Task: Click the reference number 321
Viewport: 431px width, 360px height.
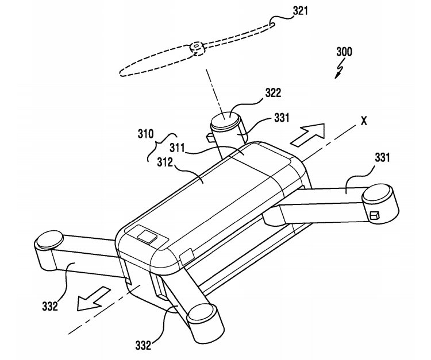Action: click(x=300, y=11)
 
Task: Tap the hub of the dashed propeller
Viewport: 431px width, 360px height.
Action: click(x=197, y=49)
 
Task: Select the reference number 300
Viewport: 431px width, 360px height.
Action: click(x=344, y=52)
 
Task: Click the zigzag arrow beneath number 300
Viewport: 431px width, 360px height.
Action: click(x=339, y=69)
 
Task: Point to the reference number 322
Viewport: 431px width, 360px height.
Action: click(x=273, y=93)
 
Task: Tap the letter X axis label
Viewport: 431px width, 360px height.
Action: click(x=364, y=121)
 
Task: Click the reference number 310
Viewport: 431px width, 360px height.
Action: click(x=146, y=134)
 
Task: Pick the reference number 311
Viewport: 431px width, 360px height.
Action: click(x=177, y=148)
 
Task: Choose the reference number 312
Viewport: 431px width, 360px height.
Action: click(x=165, y=162)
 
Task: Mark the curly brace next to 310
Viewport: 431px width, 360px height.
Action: click(x=162, y=146)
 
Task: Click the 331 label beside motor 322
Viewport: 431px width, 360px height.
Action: click(x=282, y=118)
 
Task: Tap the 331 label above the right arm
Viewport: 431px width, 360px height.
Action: click(x=382, y=158)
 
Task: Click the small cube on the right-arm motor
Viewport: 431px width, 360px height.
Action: click(x=375, y=215)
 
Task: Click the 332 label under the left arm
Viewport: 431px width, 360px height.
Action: click(x=50, y=306)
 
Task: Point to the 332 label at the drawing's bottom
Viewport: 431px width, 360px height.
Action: click(x=143, y=345)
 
